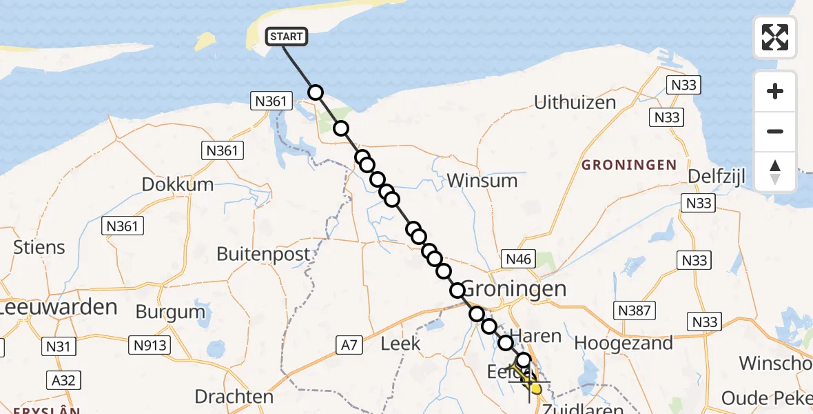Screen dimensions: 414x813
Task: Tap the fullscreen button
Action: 775,37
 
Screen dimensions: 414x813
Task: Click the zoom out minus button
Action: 775,132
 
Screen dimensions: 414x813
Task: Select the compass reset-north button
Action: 775,172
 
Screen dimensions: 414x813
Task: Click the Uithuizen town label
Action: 575,103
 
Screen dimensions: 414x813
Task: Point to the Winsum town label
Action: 482,181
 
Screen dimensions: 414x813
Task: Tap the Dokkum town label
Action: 177,185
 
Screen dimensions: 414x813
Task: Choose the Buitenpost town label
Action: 263,254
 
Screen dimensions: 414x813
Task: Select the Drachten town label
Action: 234,397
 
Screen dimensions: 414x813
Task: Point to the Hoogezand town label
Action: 623,343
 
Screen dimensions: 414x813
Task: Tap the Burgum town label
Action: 170,312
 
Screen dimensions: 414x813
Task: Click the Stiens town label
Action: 39,247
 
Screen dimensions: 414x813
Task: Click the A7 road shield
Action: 349,344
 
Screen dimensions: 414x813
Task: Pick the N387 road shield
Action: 634,310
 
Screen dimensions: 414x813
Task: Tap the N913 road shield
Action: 149,344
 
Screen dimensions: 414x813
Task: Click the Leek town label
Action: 400,343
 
